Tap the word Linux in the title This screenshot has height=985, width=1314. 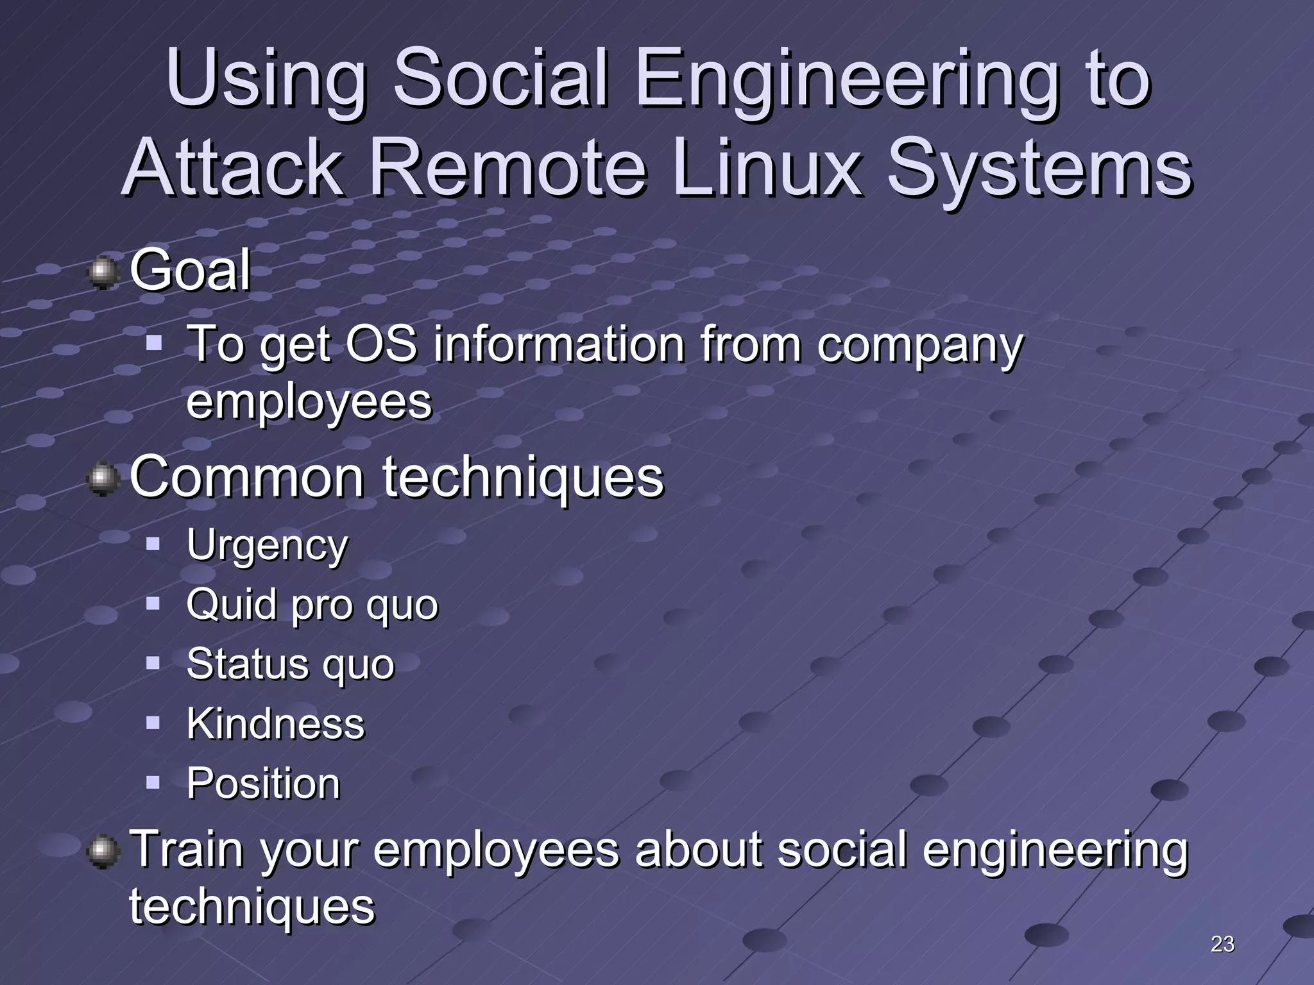click(767, 168)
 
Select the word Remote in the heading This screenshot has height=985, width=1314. click(508, 168)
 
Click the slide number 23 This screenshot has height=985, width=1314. click(1222, 944)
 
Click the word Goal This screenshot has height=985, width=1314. click(190, 271)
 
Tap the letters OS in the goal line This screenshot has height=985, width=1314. click(381, 344)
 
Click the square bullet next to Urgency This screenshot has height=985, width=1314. click(153, 544)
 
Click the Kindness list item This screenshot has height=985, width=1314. click(275, 724)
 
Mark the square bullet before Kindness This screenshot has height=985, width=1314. click(153, 723)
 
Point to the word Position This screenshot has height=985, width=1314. click(263, 783)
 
